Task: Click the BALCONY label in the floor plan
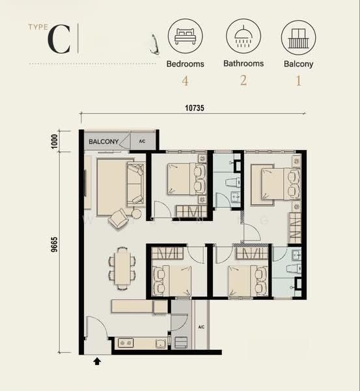(104, 141)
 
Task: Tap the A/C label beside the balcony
(142, 141)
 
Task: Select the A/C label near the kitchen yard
(201, 326)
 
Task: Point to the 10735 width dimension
(195, 108)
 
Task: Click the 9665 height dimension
(54, 244)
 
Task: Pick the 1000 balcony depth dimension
(54, 141)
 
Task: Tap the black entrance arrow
(97, 361)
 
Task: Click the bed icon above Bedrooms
(186, 36)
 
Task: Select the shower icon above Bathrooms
(243, 36)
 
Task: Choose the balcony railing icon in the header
(298, 38)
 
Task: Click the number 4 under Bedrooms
(185, 81)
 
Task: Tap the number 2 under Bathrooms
(243, 80)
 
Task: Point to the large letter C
(59, 39)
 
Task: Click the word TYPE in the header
(38, 27)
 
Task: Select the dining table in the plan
(122, 268)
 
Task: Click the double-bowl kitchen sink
(126, 343)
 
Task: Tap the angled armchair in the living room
(118, 218)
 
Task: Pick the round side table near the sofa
(136, 214)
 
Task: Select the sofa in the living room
(136, 184)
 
